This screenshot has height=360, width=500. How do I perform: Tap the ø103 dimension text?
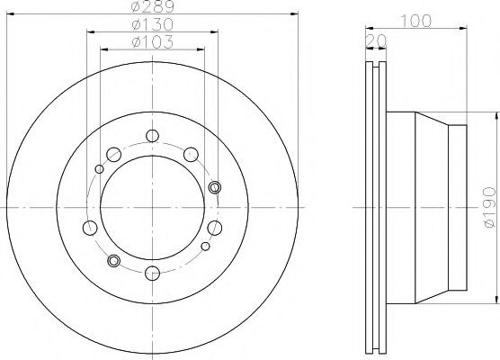151,42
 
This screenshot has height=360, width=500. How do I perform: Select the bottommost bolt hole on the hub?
151,273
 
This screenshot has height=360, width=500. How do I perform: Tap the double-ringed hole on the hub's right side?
214,186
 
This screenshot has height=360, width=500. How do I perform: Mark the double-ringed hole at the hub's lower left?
113,261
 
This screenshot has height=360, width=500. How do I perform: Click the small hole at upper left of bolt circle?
98,168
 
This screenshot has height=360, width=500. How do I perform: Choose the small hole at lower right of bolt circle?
206,246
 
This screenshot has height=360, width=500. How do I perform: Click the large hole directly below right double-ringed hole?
215,227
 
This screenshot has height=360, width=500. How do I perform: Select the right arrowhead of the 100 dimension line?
464,26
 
